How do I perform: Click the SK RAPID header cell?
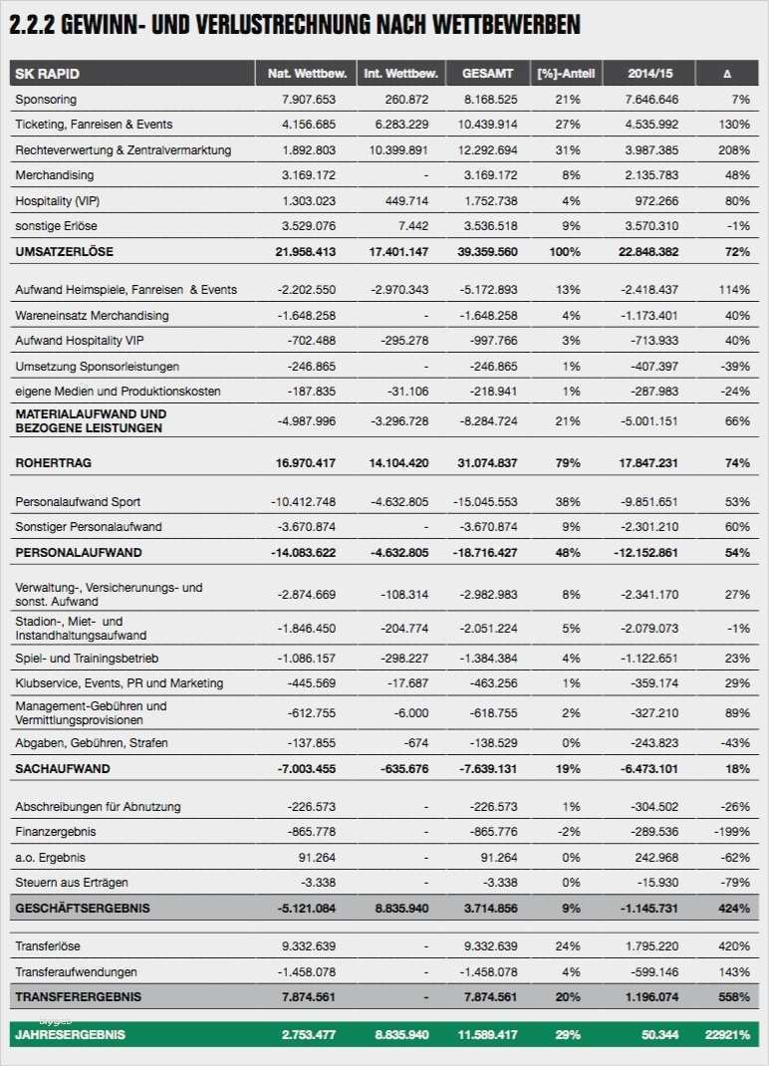pos(47,74)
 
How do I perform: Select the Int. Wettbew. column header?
pos(397,74)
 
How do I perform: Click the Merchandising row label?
pos(55,175)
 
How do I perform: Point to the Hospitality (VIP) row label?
pos(59,200)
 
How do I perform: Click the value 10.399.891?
pos(397,150)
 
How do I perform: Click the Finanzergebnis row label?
pos(55,831)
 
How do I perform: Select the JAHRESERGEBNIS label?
pos(70,1035)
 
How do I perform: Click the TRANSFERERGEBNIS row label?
pos(79,996)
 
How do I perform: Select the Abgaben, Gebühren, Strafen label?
pos(92,743)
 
